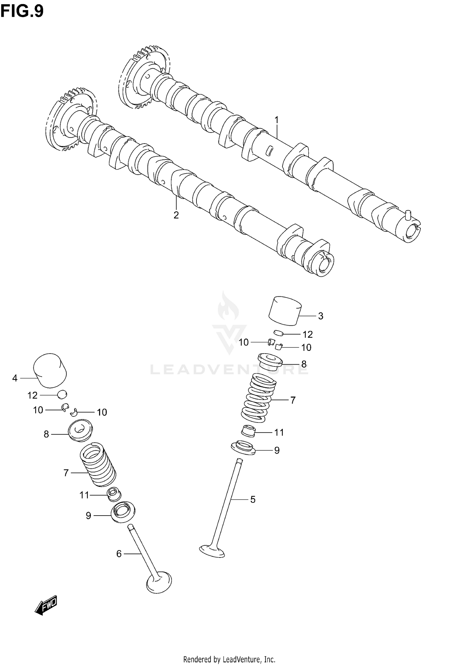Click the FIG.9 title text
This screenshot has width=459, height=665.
[22, 11]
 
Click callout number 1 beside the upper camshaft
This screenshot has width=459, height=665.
[277, 120]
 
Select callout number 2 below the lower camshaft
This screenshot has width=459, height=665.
[176, 215]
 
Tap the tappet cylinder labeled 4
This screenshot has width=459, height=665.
[50, 370]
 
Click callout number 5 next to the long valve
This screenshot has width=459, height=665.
[253, 500]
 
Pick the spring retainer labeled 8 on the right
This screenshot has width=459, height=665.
[270, 362]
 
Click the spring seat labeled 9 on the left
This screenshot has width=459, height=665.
[123, 512]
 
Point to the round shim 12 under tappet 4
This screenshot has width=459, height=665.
[62, 395]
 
